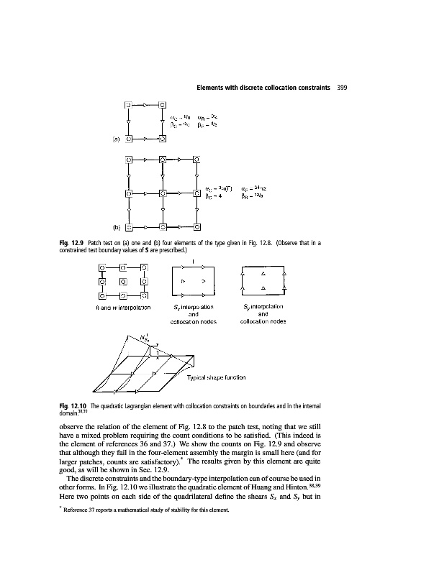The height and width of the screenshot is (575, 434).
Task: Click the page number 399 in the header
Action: (343, 88)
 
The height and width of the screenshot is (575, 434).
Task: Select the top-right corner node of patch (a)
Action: (163, 106)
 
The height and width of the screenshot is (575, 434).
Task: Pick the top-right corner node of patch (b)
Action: (197, 160)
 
